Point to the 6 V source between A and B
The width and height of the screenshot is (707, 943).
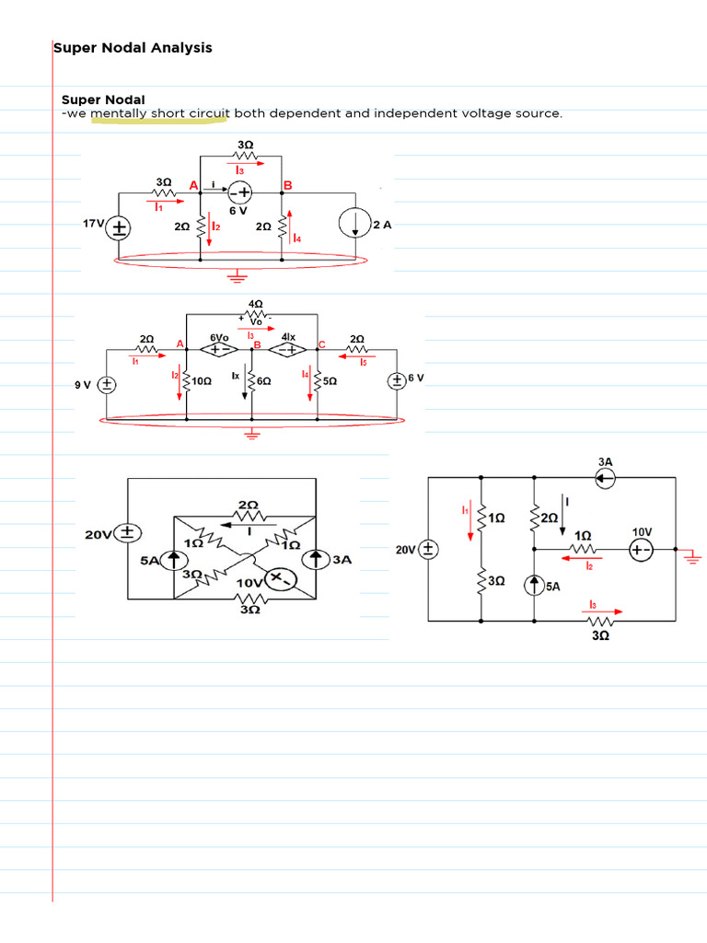coord(240,192)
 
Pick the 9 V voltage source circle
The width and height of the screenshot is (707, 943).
coord(108,383)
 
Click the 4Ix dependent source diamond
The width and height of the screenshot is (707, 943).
coord(287,350)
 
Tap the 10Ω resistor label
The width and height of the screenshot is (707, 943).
coord(203,381)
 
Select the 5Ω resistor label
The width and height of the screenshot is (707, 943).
coord(329,381)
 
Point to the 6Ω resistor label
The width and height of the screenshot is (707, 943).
coord(262,381)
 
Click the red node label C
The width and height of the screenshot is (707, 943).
coord(321,343)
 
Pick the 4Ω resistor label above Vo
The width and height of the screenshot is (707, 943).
coord(255,303)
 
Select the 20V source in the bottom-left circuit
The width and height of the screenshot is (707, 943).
coord(128,533)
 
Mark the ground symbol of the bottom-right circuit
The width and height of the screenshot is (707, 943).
coord(693,556)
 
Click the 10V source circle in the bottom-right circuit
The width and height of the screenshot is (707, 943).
coord(643,550)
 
